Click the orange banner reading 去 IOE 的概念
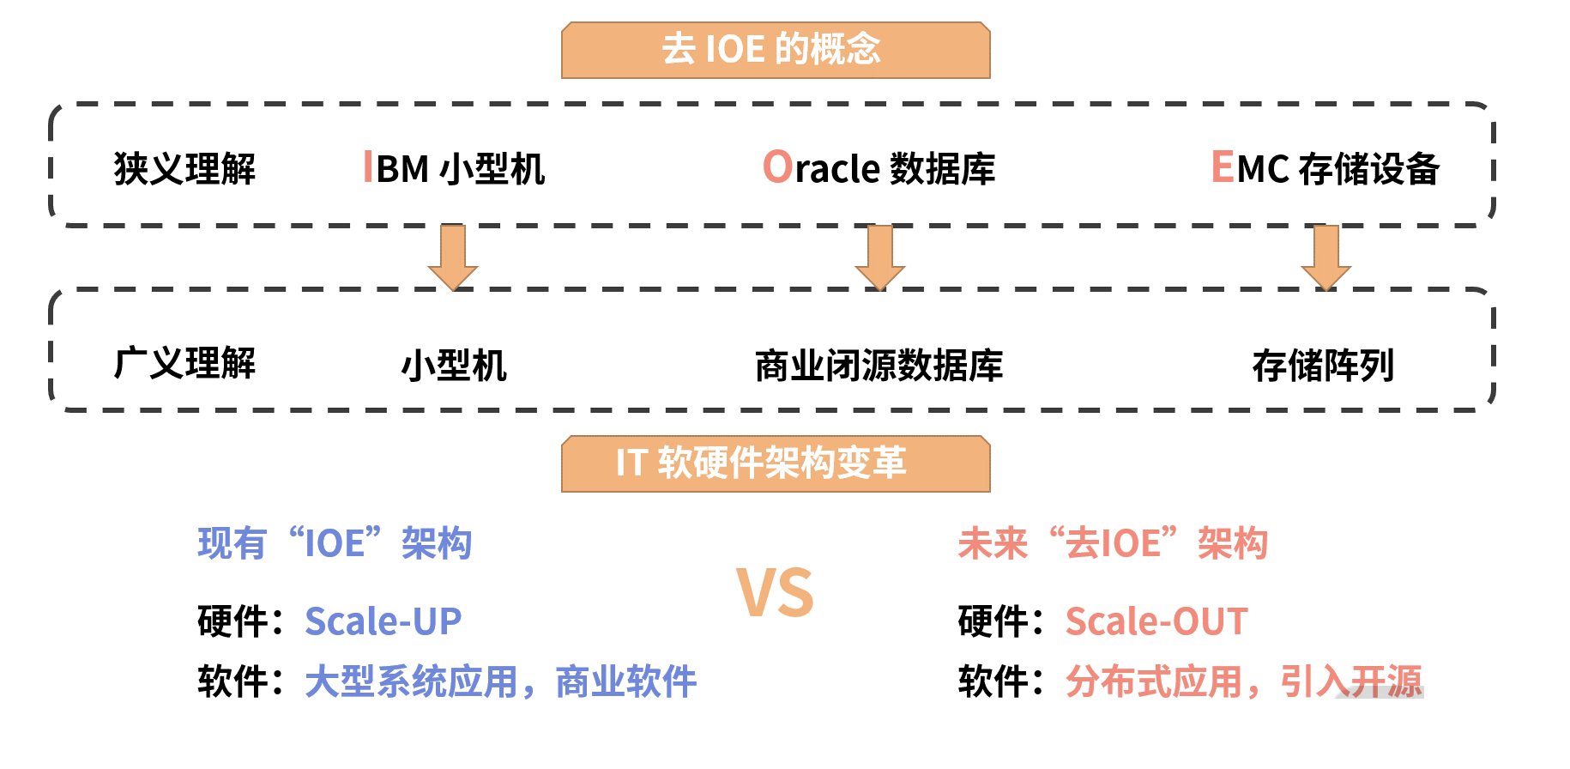[776, 50]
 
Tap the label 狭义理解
[184, 168]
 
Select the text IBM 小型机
[455, 168]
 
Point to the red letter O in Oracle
[777, 167]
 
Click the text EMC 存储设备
[1325, 168]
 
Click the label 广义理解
[184, 363]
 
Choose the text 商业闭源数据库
[879, 366]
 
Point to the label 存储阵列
[1323, 366]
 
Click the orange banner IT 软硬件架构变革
[776, 463]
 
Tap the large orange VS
[775, 593]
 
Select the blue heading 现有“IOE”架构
[335, 543]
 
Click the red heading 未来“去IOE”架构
[1113, 543]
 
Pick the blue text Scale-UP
[383, 621]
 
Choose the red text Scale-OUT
[1156, 621]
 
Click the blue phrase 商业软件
[626, 682]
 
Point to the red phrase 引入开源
[1351, 682]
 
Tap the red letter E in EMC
[1222, 167]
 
